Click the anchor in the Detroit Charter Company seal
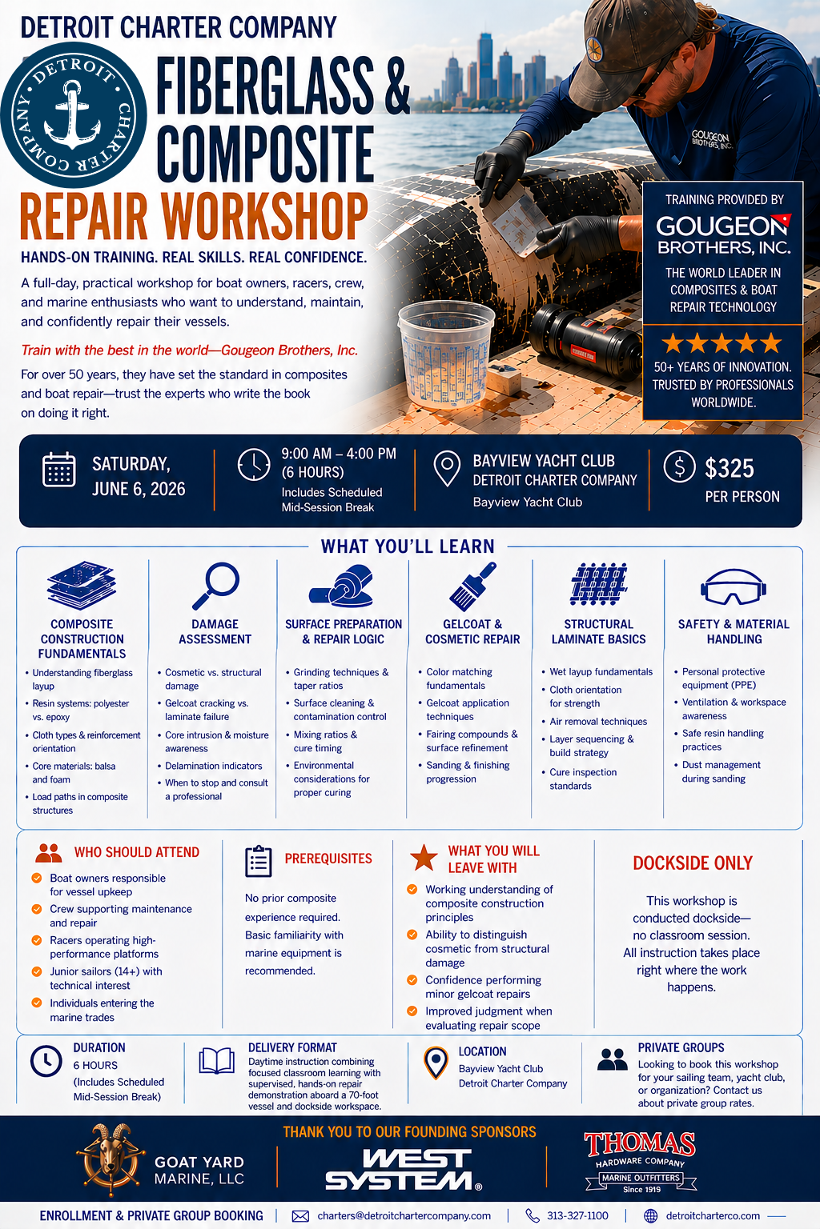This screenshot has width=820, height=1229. pos(72,115)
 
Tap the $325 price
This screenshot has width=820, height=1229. pos(729,468)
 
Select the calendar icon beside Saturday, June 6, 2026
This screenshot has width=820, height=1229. pos(58,470)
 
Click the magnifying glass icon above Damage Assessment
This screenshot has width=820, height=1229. pos(215,586)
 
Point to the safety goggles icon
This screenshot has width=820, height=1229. pos(734,586)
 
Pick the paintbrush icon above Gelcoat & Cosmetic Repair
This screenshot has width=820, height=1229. pos(472,586)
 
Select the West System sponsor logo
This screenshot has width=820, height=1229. pos(404,1169)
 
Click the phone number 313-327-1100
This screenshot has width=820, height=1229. pos(577,1216)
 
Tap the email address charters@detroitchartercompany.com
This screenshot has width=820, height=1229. pos(404,1216)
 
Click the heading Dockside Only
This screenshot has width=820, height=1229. pos(693,863)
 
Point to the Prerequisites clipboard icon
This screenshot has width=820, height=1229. pos(258,862)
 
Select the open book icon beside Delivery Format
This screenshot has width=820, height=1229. pos(216,1060)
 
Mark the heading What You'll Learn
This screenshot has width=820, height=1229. pos(408,546)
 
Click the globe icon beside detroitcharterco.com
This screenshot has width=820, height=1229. pos(650,1216)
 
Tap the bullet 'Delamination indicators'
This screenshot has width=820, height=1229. pos(214,766)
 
